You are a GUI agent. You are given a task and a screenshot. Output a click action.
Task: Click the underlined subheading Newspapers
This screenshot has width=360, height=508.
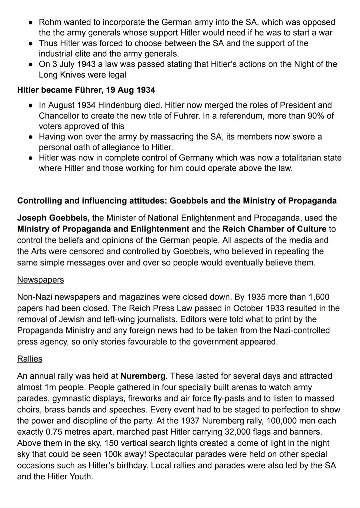pos(40,279)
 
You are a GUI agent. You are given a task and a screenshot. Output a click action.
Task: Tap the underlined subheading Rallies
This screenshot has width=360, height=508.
pos(30,359)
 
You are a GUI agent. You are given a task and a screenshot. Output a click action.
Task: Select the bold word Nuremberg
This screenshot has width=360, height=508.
pos(143,376)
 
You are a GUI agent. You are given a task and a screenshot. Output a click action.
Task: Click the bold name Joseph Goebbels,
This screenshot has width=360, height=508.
pos(53,218)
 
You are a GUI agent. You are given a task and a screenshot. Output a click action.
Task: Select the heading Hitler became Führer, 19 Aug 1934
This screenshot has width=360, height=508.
pos(86,90)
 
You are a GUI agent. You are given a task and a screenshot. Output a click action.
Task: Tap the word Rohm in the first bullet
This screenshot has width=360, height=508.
pos(50,22)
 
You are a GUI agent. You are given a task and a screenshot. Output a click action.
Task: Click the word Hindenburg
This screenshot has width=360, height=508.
pos(120,105)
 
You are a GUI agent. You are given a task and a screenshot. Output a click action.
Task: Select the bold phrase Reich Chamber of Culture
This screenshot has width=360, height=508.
pos(274,229)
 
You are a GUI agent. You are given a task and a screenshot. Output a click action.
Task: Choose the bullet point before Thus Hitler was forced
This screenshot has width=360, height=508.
pos(30,44)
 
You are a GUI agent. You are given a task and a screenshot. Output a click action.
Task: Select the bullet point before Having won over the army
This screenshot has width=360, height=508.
pos(30,137)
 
